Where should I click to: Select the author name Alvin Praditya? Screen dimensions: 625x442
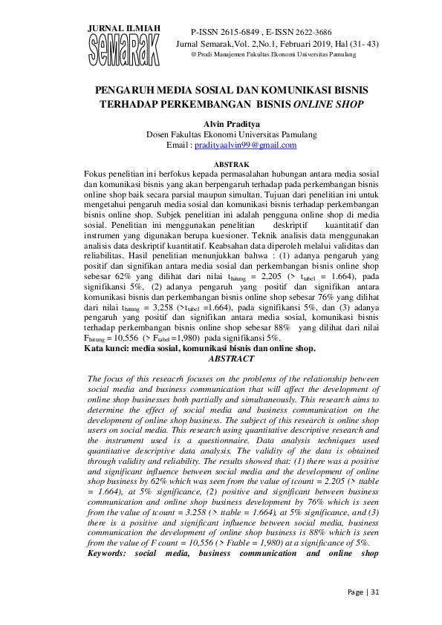click(x=231, y=122)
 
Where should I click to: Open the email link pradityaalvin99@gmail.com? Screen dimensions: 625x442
click(x=245, y=145)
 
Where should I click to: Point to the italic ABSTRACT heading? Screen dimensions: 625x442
click(x=231, y=358)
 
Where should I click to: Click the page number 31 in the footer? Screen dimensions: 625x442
click(x=375, y=592)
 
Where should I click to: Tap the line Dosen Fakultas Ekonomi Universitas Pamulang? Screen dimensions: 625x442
click(x=231, y=134)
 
